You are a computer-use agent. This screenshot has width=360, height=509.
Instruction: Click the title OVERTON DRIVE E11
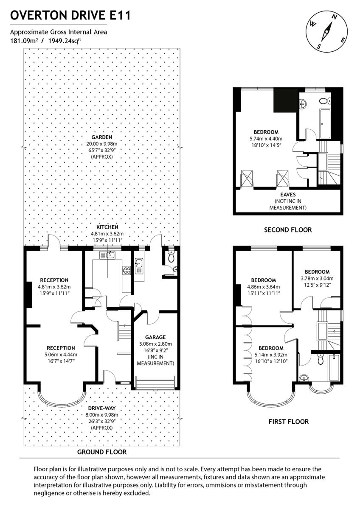[x=70, y=16]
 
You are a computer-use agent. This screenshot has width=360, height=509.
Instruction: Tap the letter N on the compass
[x=335, y=17]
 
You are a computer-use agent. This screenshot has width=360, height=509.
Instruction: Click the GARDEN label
[x=101, y=137]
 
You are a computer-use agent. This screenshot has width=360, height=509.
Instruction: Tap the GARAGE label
[x=155, y=337]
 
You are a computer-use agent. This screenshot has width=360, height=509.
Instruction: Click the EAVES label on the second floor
[x=287, y=194]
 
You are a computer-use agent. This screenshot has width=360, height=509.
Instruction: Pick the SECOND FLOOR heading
[x=287, y=230]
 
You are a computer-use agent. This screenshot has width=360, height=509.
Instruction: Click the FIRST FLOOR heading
[x=288, y=422]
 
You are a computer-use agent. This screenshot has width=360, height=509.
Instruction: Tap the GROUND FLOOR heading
[x=101, y=452]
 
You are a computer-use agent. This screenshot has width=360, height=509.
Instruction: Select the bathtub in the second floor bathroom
[x=325, y=123]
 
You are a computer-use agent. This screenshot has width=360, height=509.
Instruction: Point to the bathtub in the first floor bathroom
[x=334, y=368]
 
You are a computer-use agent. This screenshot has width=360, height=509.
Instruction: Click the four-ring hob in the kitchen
[x=126, y=270]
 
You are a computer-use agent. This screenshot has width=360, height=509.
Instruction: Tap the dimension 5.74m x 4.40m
[x=266, y=139]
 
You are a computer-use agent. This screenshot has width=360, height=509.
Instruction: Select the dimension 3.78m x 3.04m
[x=317, y=279]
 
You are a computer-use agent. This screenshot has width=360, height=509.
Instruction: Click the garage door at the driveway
[x=155, y=384]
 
